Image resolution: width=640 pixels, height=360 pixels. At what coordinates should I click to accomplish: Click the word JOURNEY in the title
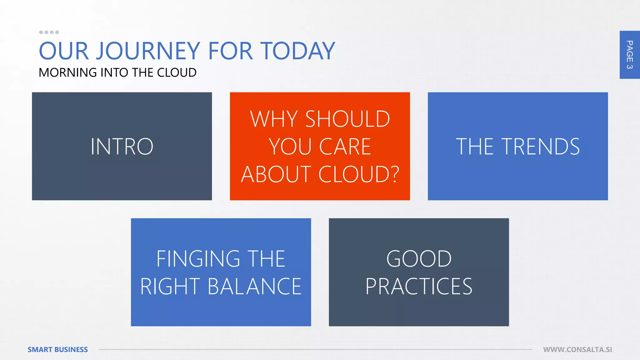tap(148, 51)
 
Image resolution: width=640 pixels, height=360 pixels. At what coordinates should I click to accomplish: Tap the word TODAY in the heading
tap(298, 51)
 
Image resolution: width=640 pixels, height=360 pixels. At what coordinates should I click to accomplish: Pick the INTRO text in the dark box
tap(122, 146)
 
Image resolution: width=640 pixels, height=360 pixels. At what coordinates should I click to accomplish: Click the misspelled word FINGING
tap(198, 259)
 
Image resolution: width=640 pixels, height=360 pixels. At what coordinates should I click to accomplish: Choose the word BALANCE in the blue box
tap(254, 287)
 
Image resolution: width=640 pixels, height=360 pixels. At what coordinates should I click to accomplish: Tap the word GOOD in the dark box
tap(419, 259)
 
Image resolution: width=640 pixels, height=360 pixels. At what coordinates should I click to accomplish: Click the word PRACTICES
tap(419, 287)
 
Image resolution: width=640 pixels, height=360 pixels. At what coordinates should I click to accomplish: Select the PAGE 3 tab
tap(629, 55)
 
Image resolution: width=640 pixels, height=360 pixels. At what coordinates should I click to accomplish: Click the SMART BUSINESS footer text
tap(58, 349)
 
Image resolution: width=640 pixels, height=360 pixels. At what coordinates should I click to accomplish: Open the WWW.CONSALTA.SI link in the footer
tap(577, 349)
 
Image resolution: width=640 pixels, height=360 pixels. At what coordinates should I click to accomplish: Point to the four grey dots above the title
tap(49, 32)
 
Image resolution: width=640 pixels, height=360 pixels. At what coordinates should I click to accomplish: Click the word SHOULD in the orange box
tap(347, 119)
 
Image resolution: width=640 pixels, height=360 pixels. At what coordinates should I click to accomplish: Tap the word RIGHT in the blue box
tap(170, 287)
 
